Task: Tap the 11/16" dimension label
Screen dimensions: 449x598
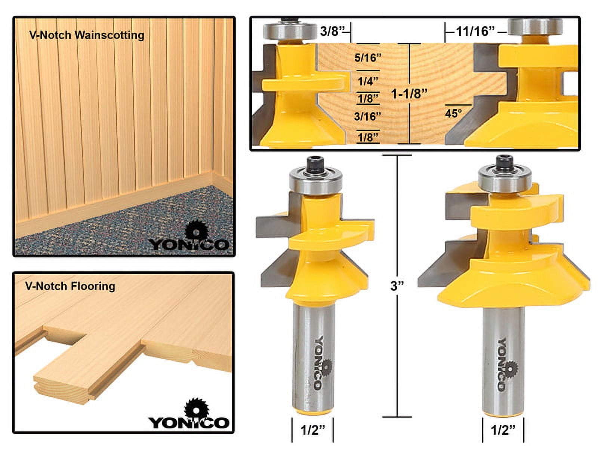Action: pyautogui.click(x=475, y=31)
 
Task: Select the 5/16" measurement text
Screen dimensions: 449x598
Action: pyautogui.click(x=368, y=58)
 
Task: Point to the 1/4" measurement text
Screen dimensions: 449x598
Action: pyautogui.click(x=368, y=81)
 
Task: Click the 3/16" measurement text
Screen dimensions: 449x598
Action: pyautogui.click(x=367, y=116)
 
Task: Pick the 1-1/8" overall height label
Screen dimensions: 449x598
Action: pyautogui.click(x=409, y=94)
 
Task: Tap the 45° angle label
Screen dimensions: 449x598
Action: pyautogui.click(x=453, y=113)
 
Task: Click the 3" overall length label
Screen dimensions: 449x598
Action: pyautogui.click(x=397, y=286)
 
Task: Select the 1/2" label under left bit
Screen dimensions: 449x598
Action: pyautogui.click(x=312, y=430)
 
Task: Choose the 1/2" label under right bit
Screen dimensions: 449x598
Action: pyautogui.click(x=503, y=430)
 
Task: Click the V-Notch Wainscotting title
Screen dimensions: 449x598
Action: pyautogui.click(x=87, y=35)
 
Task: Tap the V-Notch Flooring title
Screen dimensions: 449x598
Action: pyautogui.click(x=70, y=286)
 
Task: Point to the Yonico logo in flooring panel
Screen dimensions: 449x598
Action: pyautogui.click(x=189, y=415)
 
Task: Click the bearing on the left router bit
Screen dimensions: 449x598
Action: pyautogui.click(x=315, y=181)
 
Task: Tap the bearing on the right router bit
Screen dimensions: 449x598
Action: pyautogui.click(x=505, y=180)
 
